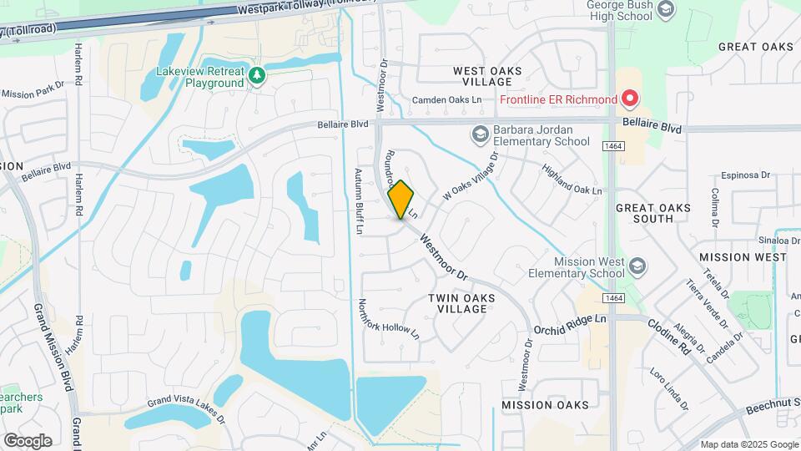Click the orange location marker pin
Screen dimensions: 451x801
point(400,200)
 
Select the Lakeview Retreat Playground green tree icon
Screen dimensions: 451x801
point(258,76)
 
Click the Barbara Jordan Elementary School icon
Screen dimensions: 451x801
point(480,134)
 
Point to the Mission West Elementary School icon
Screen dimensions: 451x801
point(637,266)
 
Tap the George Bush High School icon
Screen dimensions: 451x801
point(666,9)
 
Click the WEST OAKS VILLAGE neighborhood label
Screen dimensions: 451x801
point(482,77)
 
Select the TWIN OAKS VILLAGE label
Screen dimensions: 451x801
point(457,303)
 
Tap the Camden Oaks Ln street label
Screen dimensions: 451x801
point(448,100)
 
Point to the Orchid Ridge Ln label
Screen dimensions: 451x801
point(570,322)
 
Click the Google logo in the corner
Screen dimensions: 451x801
point(28,441)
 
